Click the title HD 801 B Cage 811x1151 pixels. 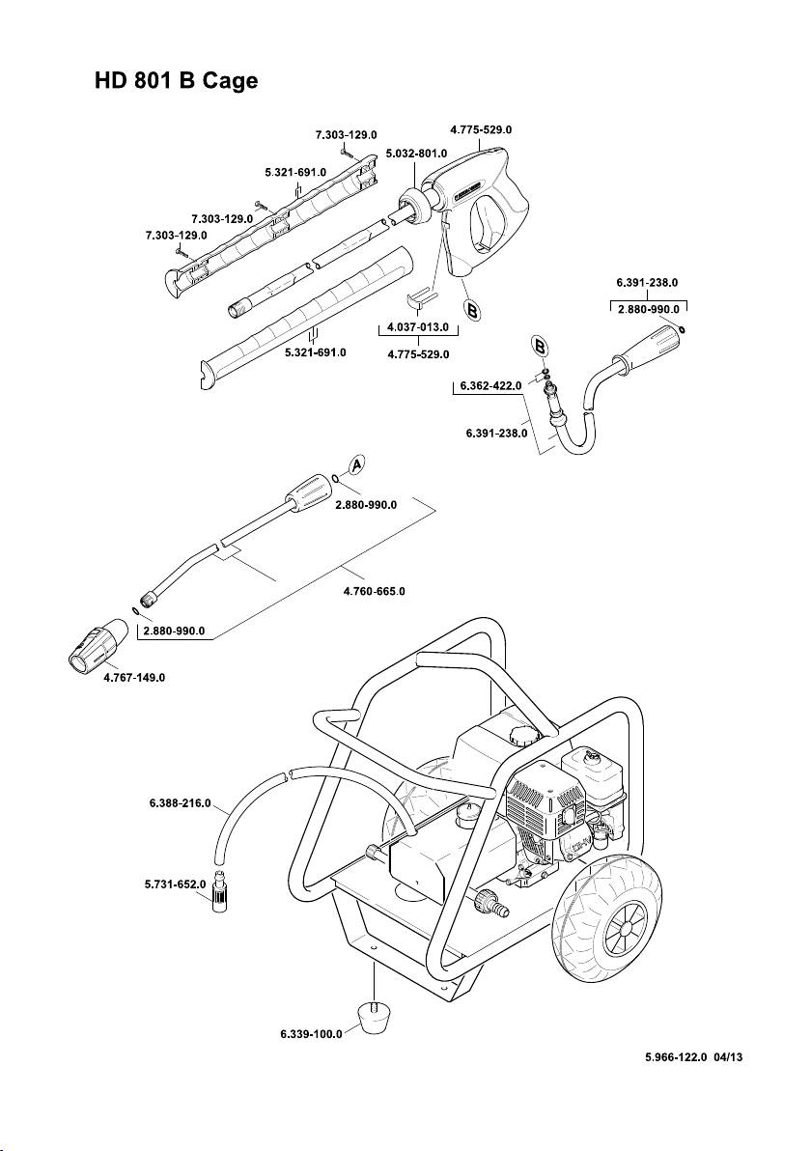tap(176, 81)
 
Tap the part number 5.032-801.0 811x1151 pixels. tap(416, 154)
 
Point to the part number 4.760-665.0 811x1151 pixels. tap(375, 590)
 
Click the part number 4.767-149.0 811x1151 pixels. tap(135, 678)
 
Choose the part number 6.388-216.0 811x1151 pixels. tap(181, 803)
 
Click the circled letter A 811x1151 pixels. tap(355, 465)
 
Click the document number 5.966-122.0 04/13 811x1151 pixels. tap(694, 1058)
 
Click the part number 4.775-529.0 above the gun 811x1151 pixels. tap(481, 128)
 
